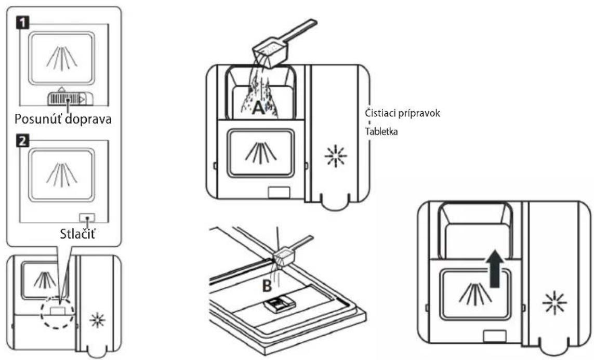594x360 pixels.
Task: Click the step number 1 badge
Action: [22, 23]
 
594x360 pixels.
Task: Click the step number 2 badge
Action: [22, 141]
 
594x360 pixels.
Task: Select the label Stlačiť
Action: [77, 233]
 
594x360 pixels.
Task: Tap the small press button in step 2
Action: [87, 218]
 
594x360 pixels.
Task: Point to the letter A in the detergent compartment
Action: [258, 108]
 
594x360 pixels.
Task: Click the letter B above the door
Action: [267, 286]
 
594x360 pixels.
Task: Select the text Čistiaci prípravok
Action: [402, 113]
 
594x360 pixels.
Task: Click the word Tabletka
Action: [381, 132]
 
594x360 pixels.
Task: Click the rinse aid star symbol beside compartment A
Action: [336, 156]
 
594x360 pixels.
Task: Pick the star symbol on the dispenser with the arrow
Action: [554, 303]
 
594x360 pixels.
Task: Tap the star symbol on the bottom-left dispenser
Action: [97, 320]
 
